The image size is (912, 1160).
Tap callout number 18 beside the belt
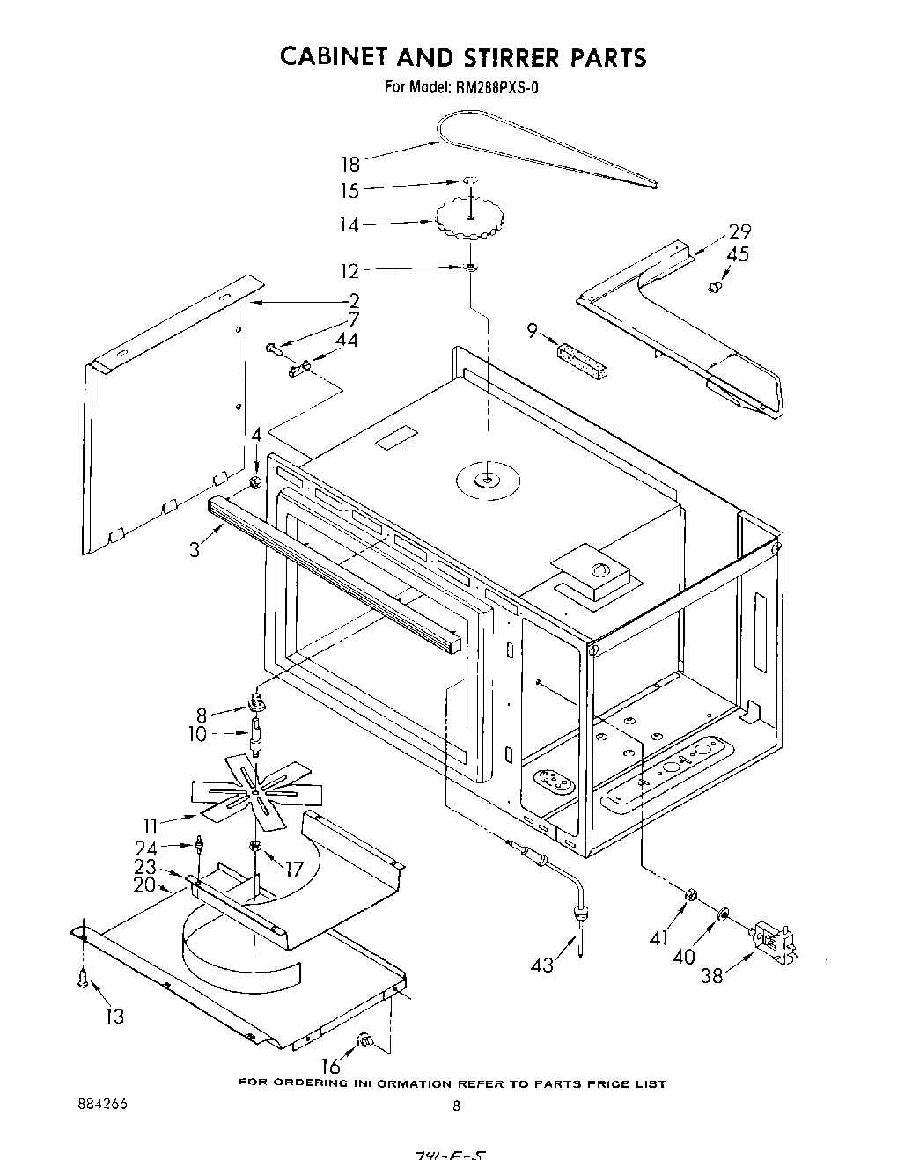tap(350, 165)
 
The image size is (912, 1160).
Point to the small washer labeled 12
tap(472, 267)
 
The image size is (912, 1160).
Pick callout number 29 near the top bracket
tap(739, 232)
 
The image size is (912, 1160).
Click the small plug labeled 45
tap(715, 287)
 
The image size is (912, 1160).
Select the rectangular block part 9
tap(582, 361)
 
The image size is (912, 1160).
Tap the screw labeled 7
tap(273, 350)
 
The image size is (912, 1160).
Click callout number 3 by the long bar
tap(195, 550)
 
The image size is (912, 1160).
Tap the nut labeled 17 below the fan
tap(256, 846)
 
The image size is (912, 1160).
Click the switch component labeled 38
tap(772, 941)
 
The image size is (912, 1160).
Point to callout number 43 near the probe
tap(542, 965)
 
